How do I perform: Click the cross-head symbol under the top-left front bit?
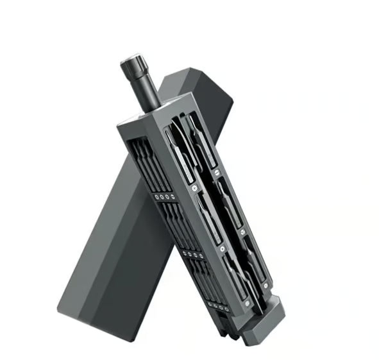pyautogui.click(x=191, y=188)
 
